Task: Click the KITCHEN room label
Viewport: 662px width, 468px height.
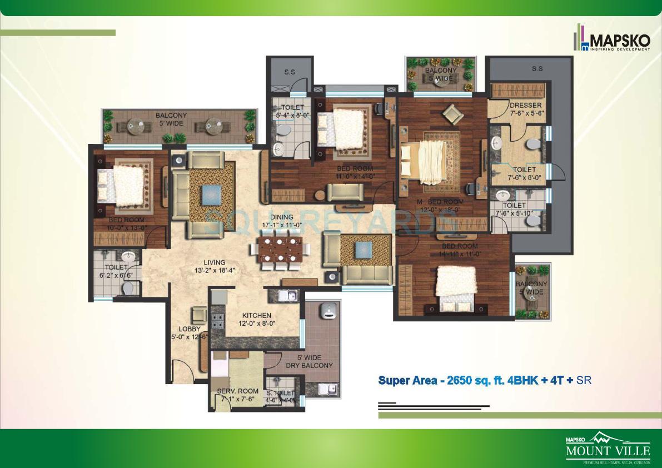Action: [257, 316]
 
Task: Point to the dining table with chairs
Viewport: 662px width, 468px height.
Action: [279, 252]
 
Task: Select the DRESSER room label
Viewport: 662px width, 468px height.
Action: [525, 106]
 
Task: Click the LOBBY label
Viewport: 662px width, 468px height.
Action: [190, 329]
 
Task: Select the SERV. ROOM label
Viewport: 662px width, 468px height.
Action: [238, 391]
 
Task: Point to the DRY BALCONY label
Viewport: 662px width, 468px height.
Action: [309, 365]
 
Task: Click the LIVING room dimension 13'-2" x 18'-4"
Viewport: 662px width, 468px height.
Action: [214, 271]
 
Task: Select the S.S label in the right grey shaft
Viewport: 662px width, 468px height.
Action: [536, 69]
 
